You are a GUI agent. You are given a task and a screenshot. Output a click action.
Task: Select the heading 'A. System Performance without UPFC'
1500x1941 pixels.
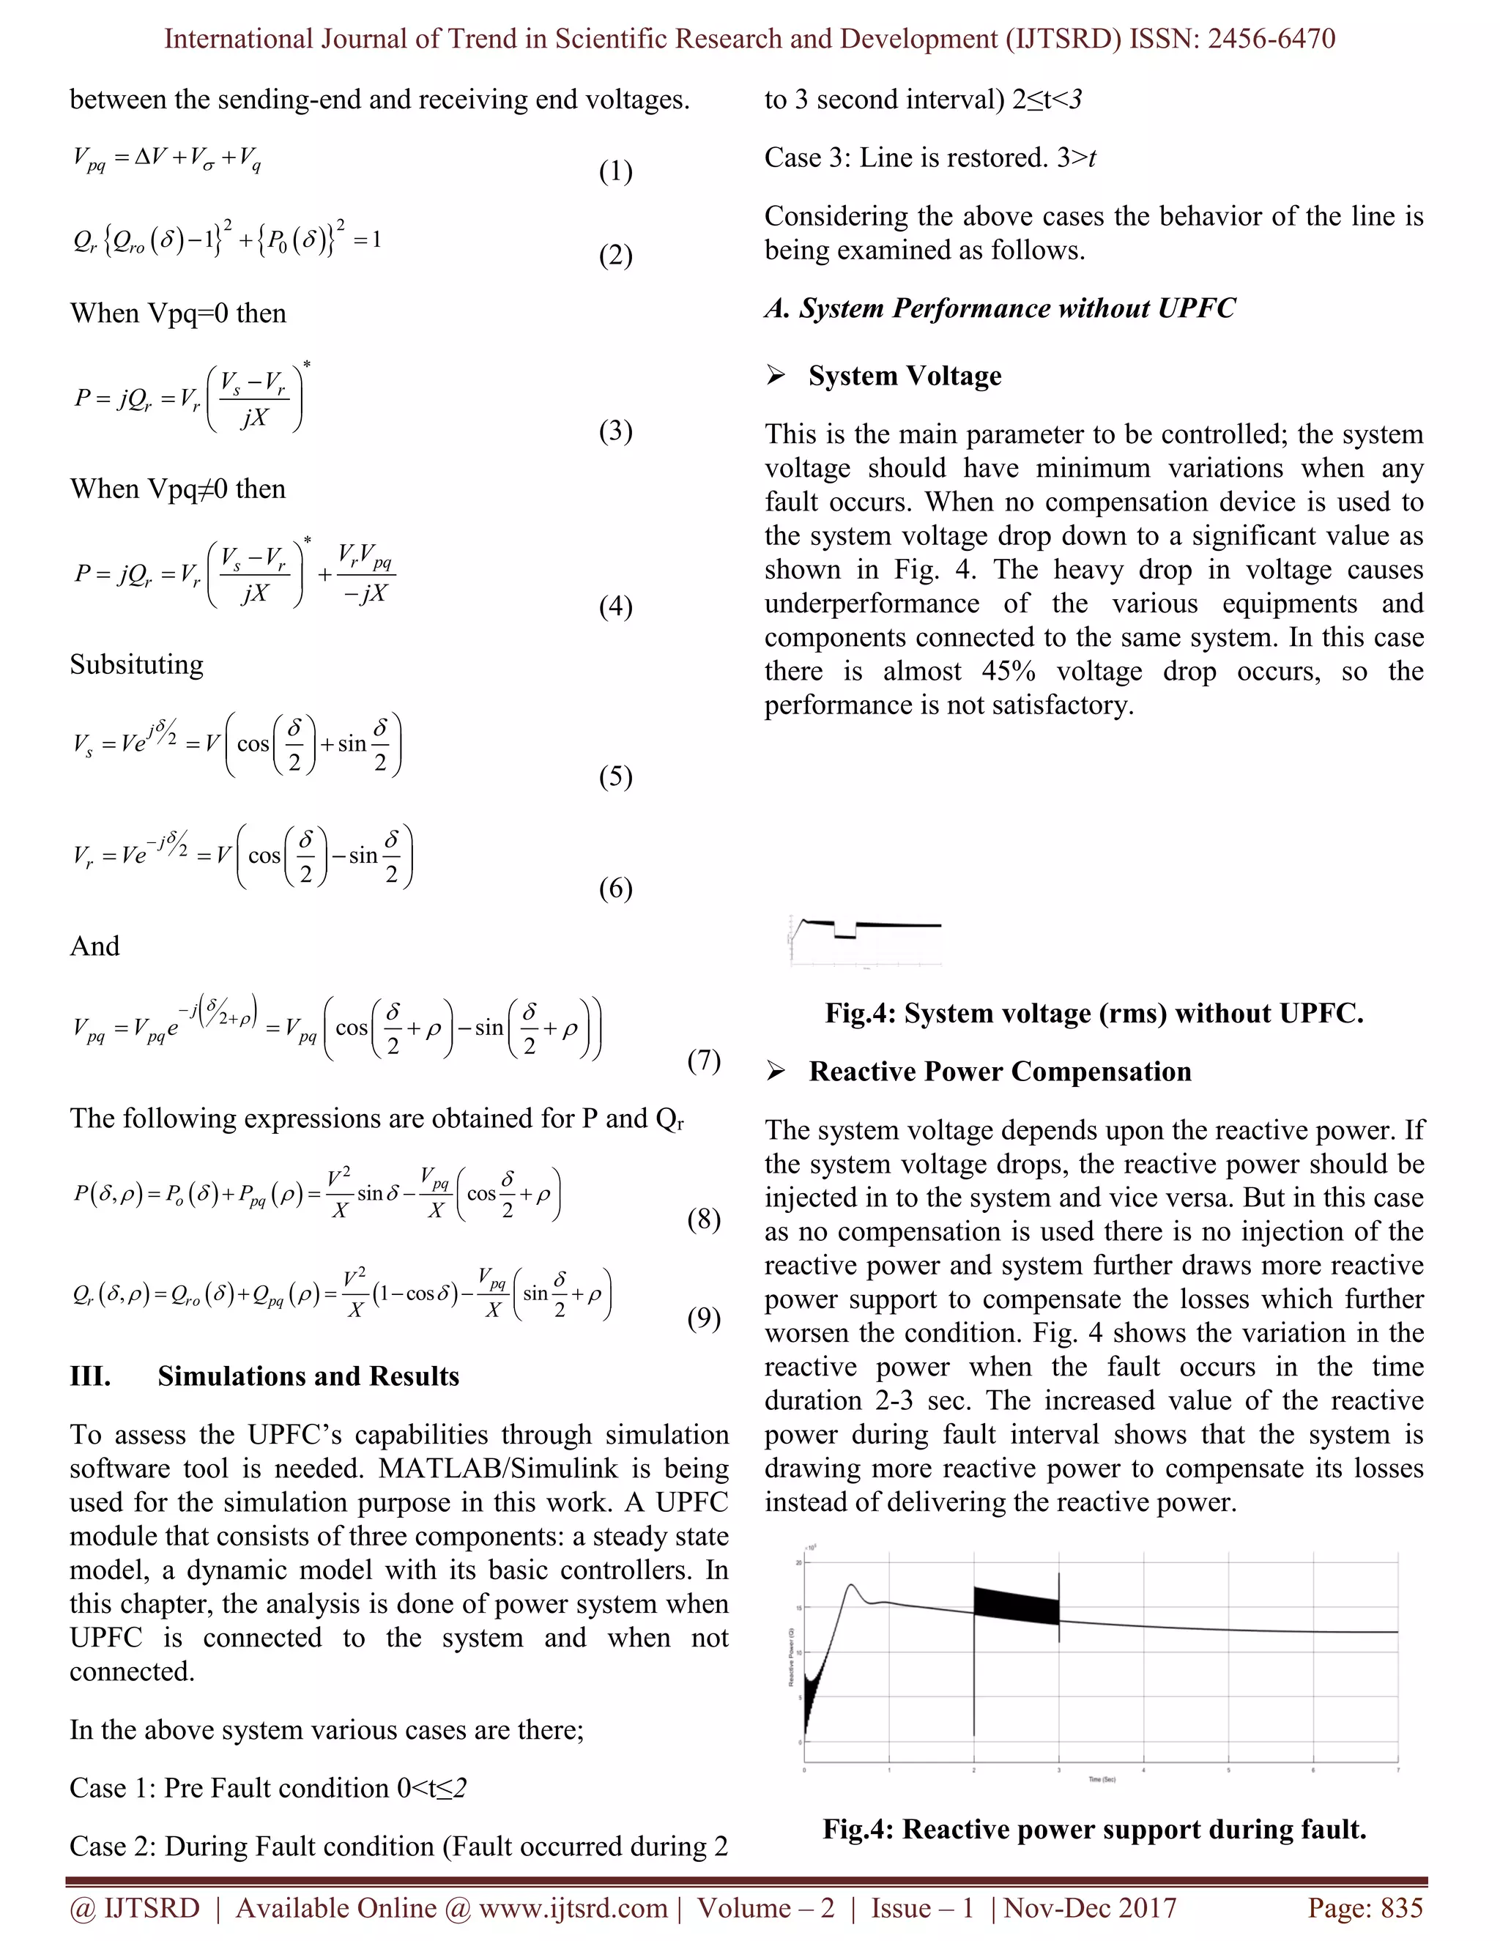(1000, 308)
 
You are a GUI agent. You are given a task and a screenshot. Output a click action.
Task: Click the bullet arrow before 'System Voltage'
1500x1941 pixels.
(776, 376)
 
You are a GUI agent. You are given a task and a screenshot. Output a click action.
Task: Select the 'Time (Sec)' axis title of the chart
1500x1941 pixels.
(1101, 1778)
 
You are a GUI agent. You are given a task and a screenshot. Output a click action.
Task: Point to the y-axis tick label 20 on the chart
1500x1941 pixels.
(799, 1562)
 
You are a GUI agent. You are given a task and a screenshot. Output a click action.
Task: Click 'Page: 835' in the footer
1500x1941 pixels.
(1365, 1908)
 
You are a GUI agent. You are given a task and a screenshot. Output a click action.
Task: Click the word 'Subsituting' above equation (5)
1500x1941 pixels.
(137, 665)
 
